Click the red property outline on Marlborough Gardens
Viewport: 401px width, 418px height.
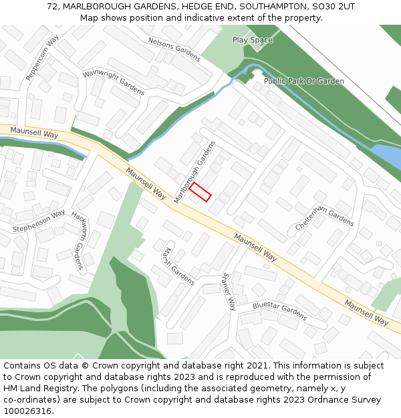click(200, 193)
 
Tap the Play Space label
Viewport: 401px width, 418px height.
click(253, 40)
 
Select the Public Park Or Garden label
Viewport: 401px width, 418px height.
click(304, 81)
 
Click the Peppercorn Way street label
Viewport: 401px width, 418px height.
click(43, 58)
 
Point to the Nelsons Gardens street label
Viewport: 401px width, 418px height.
click(174, 49)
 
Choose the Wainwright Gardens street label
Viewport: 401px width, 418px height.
click(114, 81)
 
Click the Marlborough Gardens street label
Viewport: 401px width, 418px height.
click(194, 173)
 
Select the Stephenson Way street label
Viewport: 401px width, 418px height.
click(39, 221)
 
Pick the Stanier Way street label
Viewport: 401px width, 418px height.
click(229, 292)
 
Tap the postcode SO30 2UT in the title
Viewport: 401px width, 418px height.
click(331, 7)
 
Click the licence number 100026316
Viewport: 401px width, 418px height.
click(29, 411)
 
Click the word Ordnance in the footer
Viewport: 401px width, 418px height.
click(315, 400)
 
